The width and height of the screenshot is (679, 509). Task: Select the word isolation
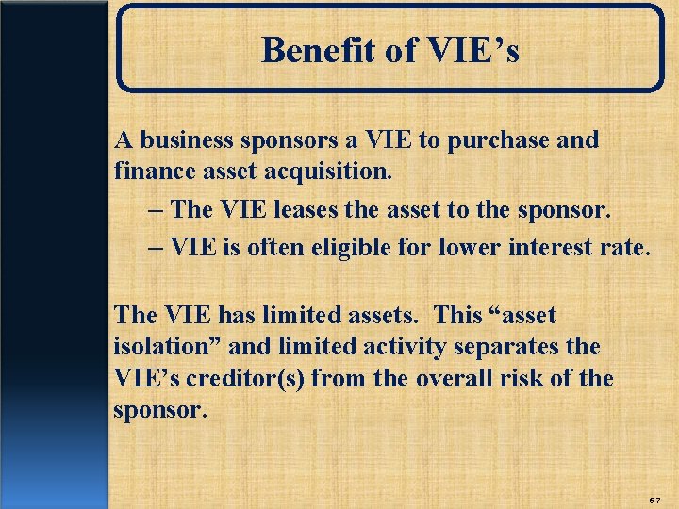pyautogui.click(x=162, y=347)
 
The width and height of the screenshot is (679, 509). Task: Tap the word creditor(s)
pyautogui.click(x=245, y=379)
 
